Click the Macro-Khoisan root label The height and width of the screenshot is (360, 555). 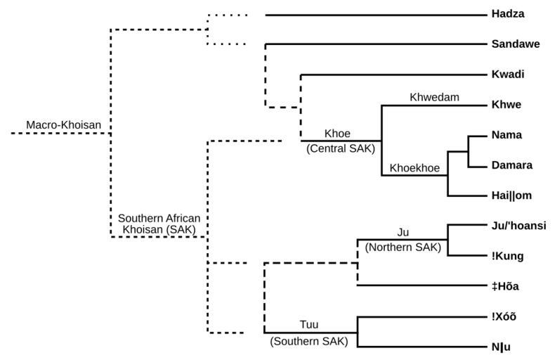coord(64,125)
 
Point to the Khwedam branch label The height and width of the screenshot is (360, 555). coord(434,97)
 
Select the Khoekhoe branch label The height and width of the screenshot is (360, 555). coord(414,169)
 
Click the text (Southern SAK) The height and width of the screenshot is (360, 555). coord(310,342)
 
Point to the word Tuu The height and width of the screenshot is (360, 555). coord(309,325)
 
